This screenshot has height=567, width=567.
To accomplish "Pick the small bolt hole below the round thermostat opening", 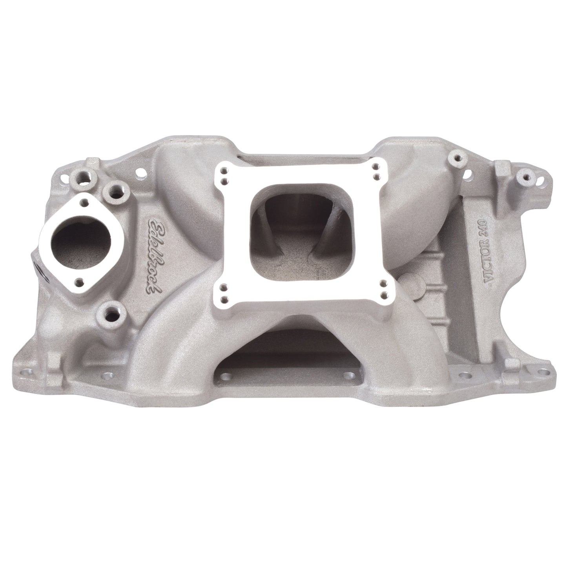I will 80,281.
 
